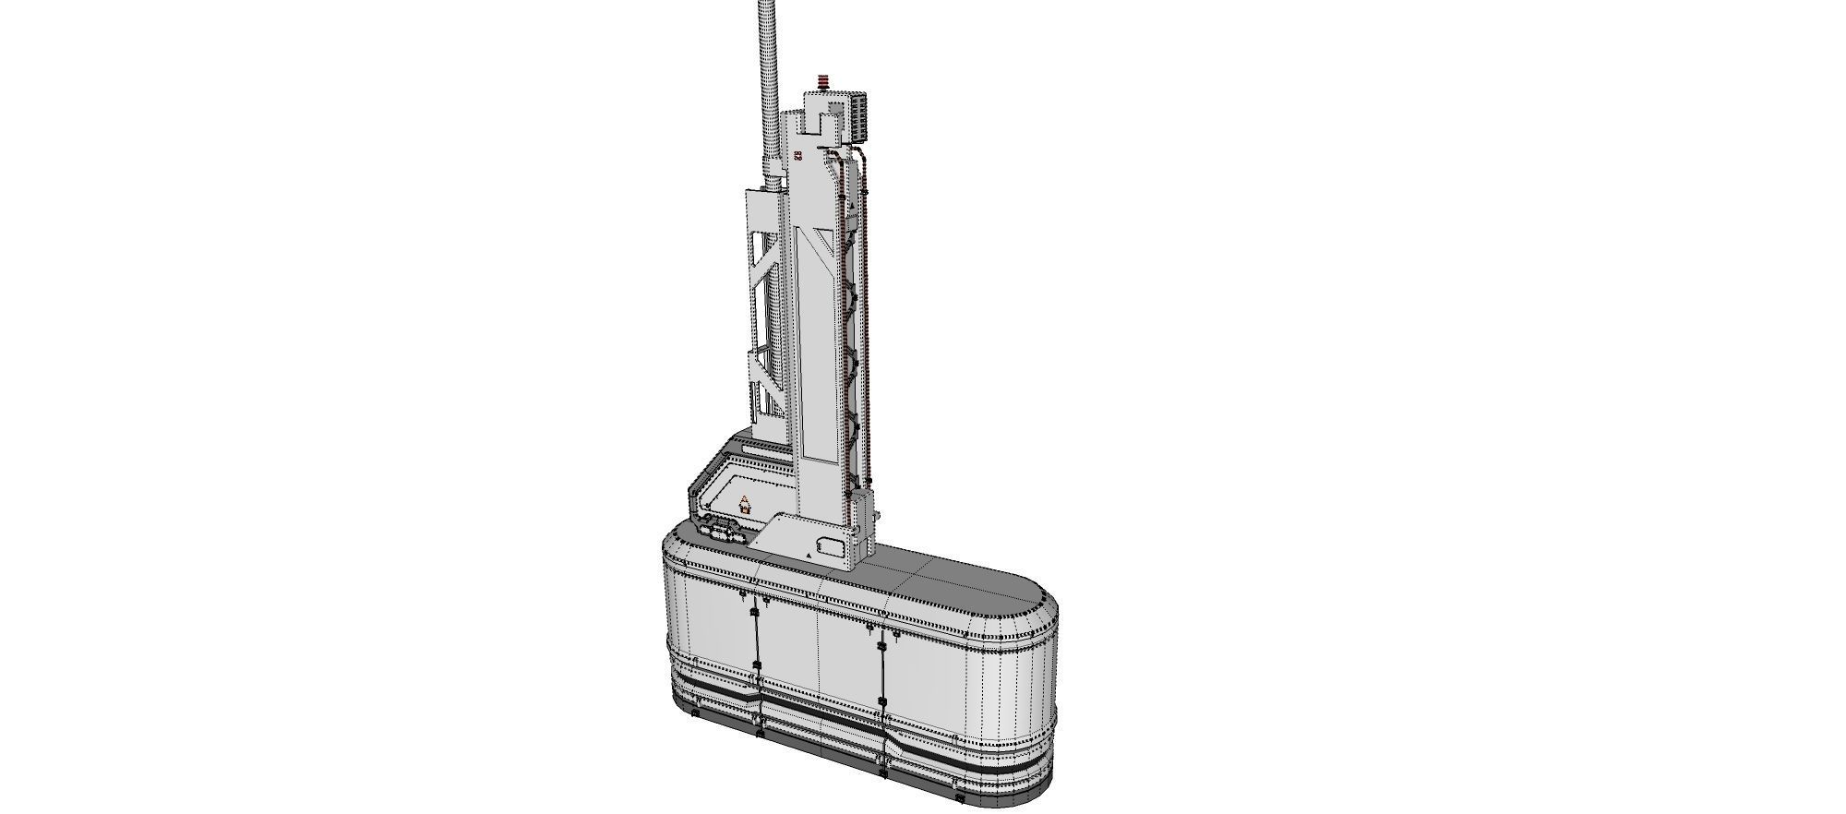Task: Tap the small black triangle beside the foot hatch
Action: (x=808, y=557)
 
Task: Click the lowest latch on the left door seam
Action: (x=758, y=735)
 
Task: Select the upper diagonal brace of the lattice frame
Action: (x=766, y=268)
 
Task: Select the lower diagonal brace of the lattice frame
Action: (x=766, y=388)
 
